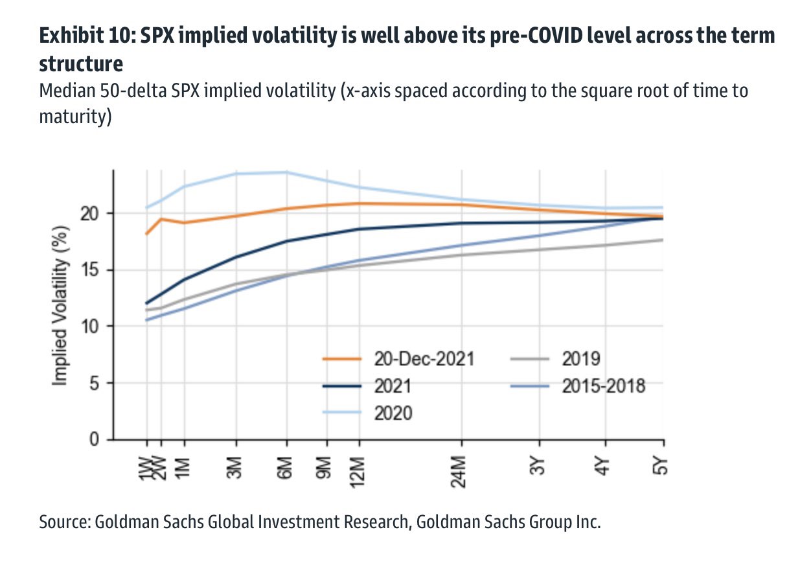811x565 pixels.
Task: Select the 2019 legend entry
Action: click(582, 359)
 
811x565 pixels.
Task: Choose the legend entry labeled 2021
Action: click(393, 386)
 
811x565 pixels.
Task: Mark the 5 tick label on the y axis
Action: click(95, 383)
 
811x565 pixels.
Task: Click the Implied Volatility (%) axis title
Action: click(60, 305)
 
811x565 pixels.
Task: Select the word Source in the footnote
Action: click(64, 522)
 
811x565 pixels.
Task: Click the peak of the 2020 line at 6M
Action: click(286, 172)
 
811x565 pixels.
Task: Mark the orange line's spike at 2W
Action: click(161, 219)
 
